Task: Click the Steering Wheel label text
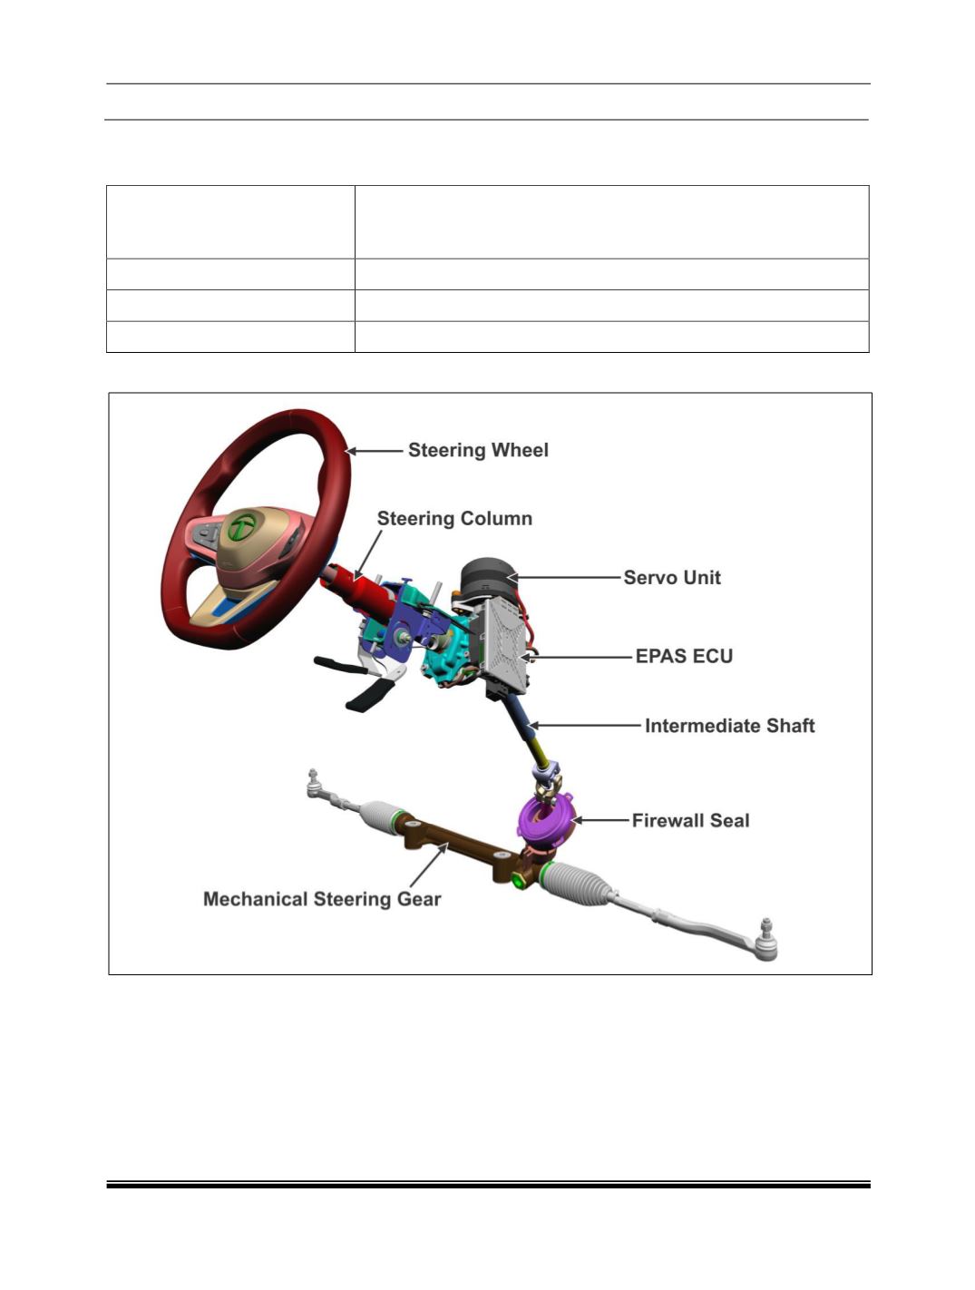478,450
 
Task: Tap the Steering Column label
454,518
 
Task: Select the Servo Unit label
672,578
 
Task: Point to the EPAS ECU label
684,656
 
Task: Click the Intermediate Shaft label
729,726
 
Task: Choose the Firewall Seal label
691,820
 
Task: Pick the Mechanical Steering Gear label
322,899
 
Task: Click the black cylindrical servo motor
488,578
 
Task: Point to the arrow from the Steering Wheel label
375,451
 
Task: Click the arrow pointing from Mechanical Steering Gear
429,865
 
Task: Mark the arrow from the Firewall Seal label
600,820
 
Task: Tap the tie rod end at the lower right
765,942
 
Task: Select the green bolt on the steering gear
519,880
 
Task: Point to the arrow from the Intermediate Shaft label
585,726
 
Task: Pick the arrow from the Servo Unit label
563,578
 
